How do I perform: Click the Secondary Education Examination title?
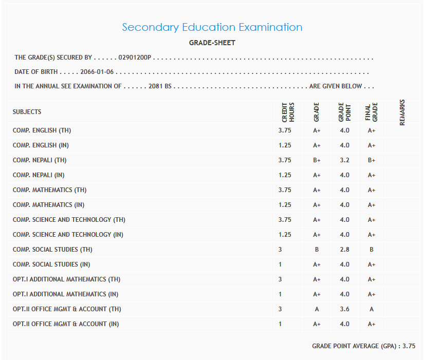click(212, 27)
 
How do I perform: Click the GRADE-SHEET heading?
click(212, 43)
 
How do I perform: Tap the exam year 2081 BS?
click(160, 86)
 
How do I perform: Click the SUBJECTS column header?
click(27, 111)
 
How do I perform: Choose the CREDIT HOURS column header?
click(288, 112)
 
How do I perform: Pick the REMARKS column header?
click(402, 112)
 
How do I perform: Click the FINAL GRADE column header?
click(371, 112)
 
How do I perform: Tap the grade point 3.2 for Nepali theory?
click(344, 160)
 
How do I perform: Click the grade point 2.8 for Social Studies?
click(344, 250)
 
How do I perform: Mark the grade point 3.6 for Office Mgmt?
click(344, 309)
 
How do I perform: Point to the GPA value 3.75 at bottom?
click(409, 346)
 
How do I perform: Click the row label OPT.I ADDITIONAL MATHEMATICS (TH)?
click(67, 279)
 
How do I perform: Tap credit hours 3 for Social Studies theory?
click(280, 250)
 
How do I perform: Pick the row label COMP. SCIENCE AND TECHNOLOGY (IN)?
click(68, 235)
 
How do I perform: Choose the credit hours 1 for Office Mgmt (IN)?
click(280, 324)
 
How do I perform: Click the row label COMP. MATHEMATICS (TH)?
click(49, 190)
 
